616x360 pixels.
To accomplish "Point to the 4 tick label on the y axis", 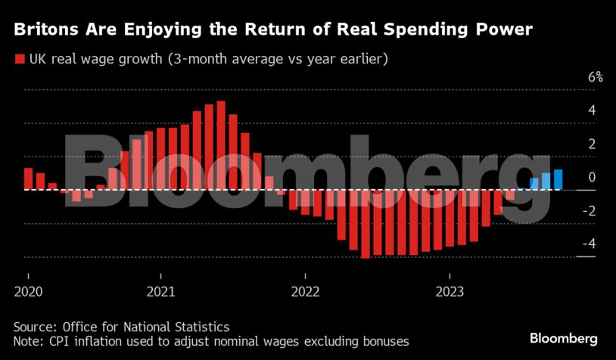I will (592, 110).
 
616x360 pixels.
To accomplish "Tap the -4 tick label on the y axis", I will (589, 244).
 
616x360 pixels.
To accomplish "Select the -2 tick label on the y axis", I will (589, 210).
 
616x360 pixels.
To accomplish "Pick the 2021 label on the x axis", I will (161, 290).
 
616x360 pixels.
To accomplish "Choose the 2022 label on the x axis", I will (305, 290).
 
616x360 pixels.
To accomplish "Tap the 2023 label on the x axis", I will (450, 290).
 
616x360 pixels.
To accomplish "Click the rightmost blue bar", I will (558, 179).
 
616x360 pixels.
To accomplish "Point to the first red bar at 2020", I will (28, 178).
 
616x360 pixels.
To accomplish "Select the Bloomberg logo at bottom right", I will (564, 337).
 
